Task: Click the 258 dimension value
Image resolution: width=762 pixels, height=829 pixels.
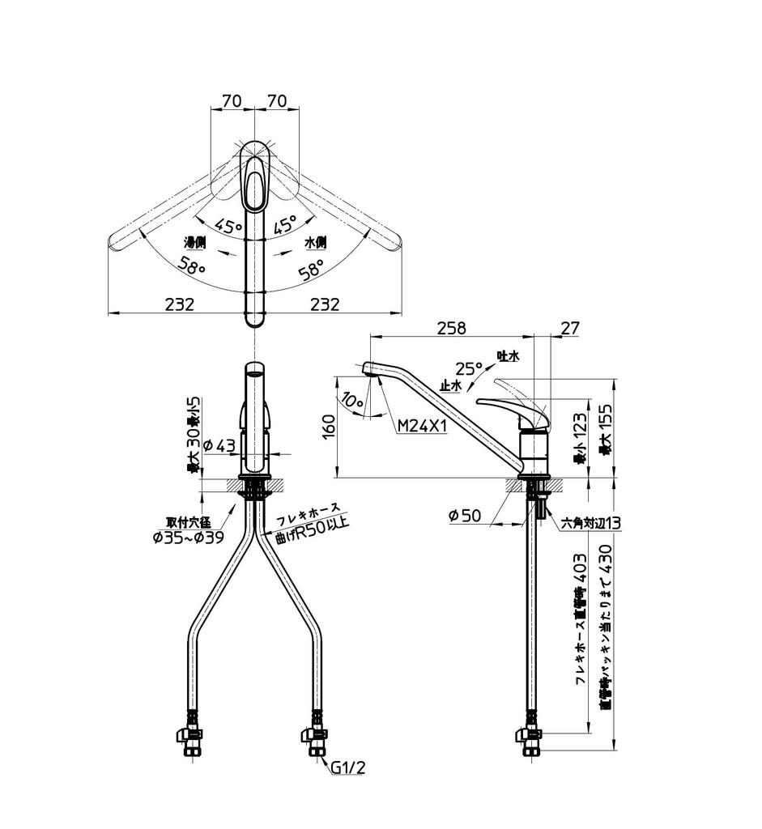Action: [x=451, y=328]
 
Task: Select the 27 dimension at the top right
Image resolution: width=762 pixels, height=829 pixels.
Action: [x=570, y=328]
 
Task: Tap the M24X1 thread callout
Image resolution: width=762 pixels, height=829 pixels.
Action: [x=422, y=426]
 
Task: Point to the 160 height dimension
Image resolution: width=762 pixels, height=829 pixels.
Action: [x=328, y=427]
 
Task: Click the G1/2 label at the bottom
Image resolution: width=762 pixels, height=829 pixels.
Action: [x=347, y=767]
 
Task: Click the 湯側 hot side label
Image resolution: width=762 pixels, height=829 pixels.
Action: [x=195, y=242]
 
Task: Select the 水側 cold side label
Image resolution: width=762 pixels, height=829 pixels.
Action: [x=315, y=242]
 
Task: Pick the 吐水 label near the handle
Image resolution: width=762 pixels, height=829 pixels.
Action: [x=508, y=355]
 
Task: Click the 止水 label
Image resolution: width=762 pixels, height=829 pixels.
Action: [x=450, y=386]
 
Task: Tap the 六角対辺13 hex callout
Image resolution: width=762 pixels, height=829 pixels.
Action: [x=591, y=523]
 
